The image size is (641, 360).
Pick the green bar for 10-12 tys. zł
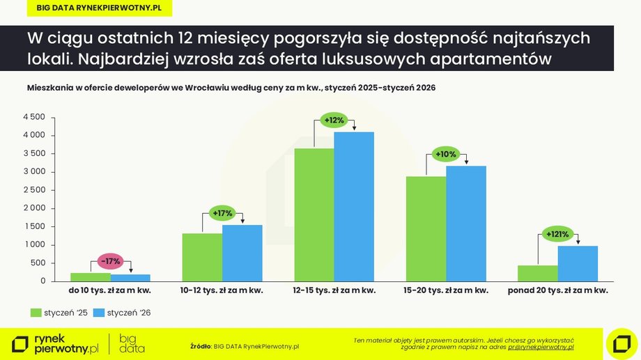click(x=202, y=257)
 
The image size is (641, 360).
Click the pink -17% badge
click(x=110, y=261)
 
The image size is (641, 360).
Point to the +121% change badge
click(x=557, y=234)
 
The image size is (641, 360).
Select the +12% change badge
click(x=334, y=120)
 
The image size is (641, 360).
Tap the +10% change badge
click(x=445, y=154)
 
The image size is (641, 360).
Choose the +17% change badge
click(x=223, y=213)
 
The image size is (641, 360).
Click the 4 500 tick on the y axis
click(x=33, y=117)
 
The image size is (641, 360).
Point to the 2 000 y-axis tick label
click(x=33, y=208)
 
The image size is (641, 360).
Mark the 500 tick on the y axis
click(x=38, y=263)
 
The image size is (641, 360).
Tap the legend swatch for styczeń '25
click(x=36, y=313)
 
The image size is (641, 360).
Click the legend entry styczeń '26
click(x=124, y=313)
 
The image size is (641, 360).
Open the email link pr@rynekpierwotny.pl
click(x=541, y=347)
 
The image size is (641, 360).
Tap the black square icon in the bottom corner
click(x=621, y=343)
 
